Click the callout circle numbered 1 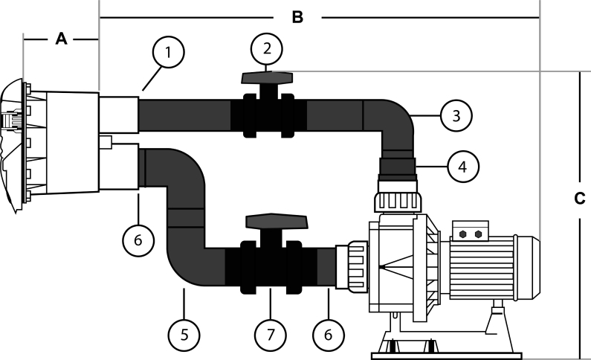click(169, 53)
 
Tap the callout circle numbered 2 click(265, 48)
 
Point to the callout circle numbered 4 click(463, 167)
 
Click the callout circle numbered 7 click(269, 335)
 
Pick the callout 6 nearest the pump click(327, 335)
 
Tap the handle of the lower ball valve click(276, 221)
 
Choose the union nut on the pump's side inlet click(352, 266)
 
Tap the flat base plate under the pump click(446, 353)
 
